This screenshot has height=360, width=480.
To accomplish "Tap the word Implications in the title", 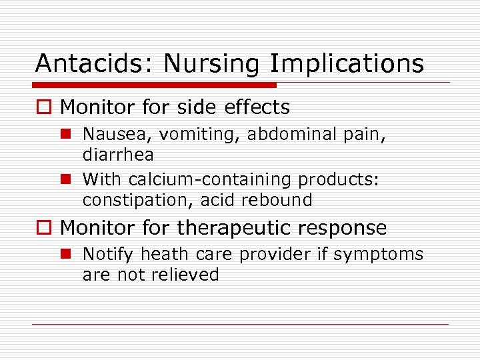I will [x=347, y=64].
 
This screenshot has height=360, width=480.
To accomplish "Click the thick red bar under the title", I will [x=155, y=85].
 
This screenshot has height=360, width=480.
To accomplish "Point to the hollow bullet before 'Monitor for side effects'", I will [x=45, y=108].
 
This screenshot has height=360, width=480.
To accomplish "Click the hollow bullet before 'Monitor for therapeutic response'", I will [x=45, y=229].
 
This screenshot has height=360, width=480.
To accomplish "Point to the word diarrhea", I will [x=118, y=155].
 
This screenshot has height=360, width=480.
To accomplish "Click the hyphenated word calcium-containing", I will [x=210, y=180].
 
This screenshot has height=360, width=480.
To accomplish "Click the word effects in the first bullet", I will [x=256, y=107].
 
